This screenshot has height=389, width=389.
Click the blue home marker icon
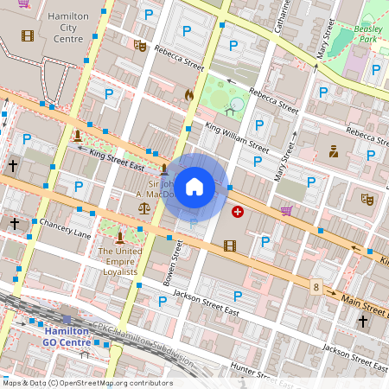coord(194,187)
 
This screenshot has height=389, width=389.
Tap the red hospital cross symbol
coord(238,211)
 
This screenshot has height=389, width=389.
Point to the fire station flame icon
coord(188,96)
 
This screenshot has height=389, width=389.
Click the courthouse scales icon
coord(143,209)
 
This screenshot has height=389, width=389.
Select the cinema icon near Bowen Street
coord(229,246)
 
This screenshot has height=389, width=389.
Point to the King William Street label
coord(237,137)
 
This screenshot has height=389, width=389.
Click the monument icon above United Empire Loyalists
coord(119,233)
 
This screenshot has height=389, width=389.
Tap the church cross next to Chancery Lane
coord(14,223)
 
